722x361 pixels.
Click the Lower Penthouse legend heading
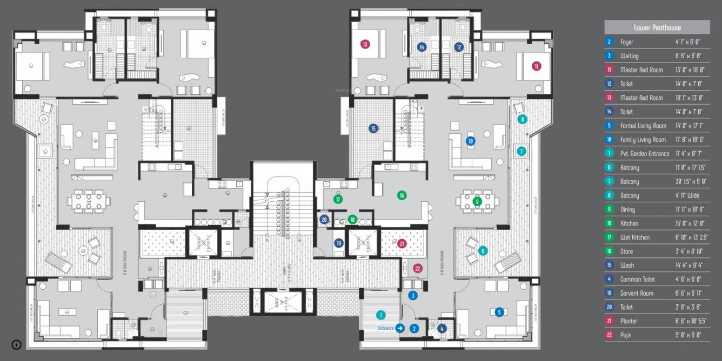[657, 28]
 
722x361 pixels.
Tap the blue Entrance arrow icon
[400, 328]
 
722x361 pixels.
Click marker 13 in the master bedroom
[366, 44]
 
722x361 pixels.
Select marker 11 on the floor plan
[536, 66]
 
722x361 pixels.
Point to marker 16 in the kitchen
[402, 195]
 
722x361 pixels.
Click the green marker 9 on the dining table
[477, 202]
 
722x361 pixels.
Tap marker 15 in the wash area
[373, 128]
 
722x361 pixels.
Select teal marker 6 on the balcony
[483, 250]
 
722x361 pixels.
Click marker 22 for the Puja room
[417, 268]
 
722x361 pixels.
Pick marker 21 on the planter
[402, 244]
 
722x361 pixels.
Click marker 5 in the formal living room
[499, 312]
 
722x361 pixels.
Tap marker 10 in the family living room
[470, 141]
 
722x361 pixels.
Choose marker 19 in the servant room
[339, 243]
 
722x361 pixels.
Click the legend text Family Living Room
[643, 140]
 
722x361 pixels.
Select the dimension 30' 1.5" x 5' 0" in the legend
[690, 182]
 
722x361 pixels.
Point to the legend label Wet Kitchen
[635, 237]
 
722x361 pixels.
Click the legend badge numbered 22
[610, 335]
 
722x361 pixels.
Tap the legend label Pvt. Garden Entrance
[645, 154]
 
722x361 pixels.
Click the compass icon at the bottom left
[17, 345]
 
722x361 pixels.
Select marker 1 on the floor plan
[380, 315]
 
